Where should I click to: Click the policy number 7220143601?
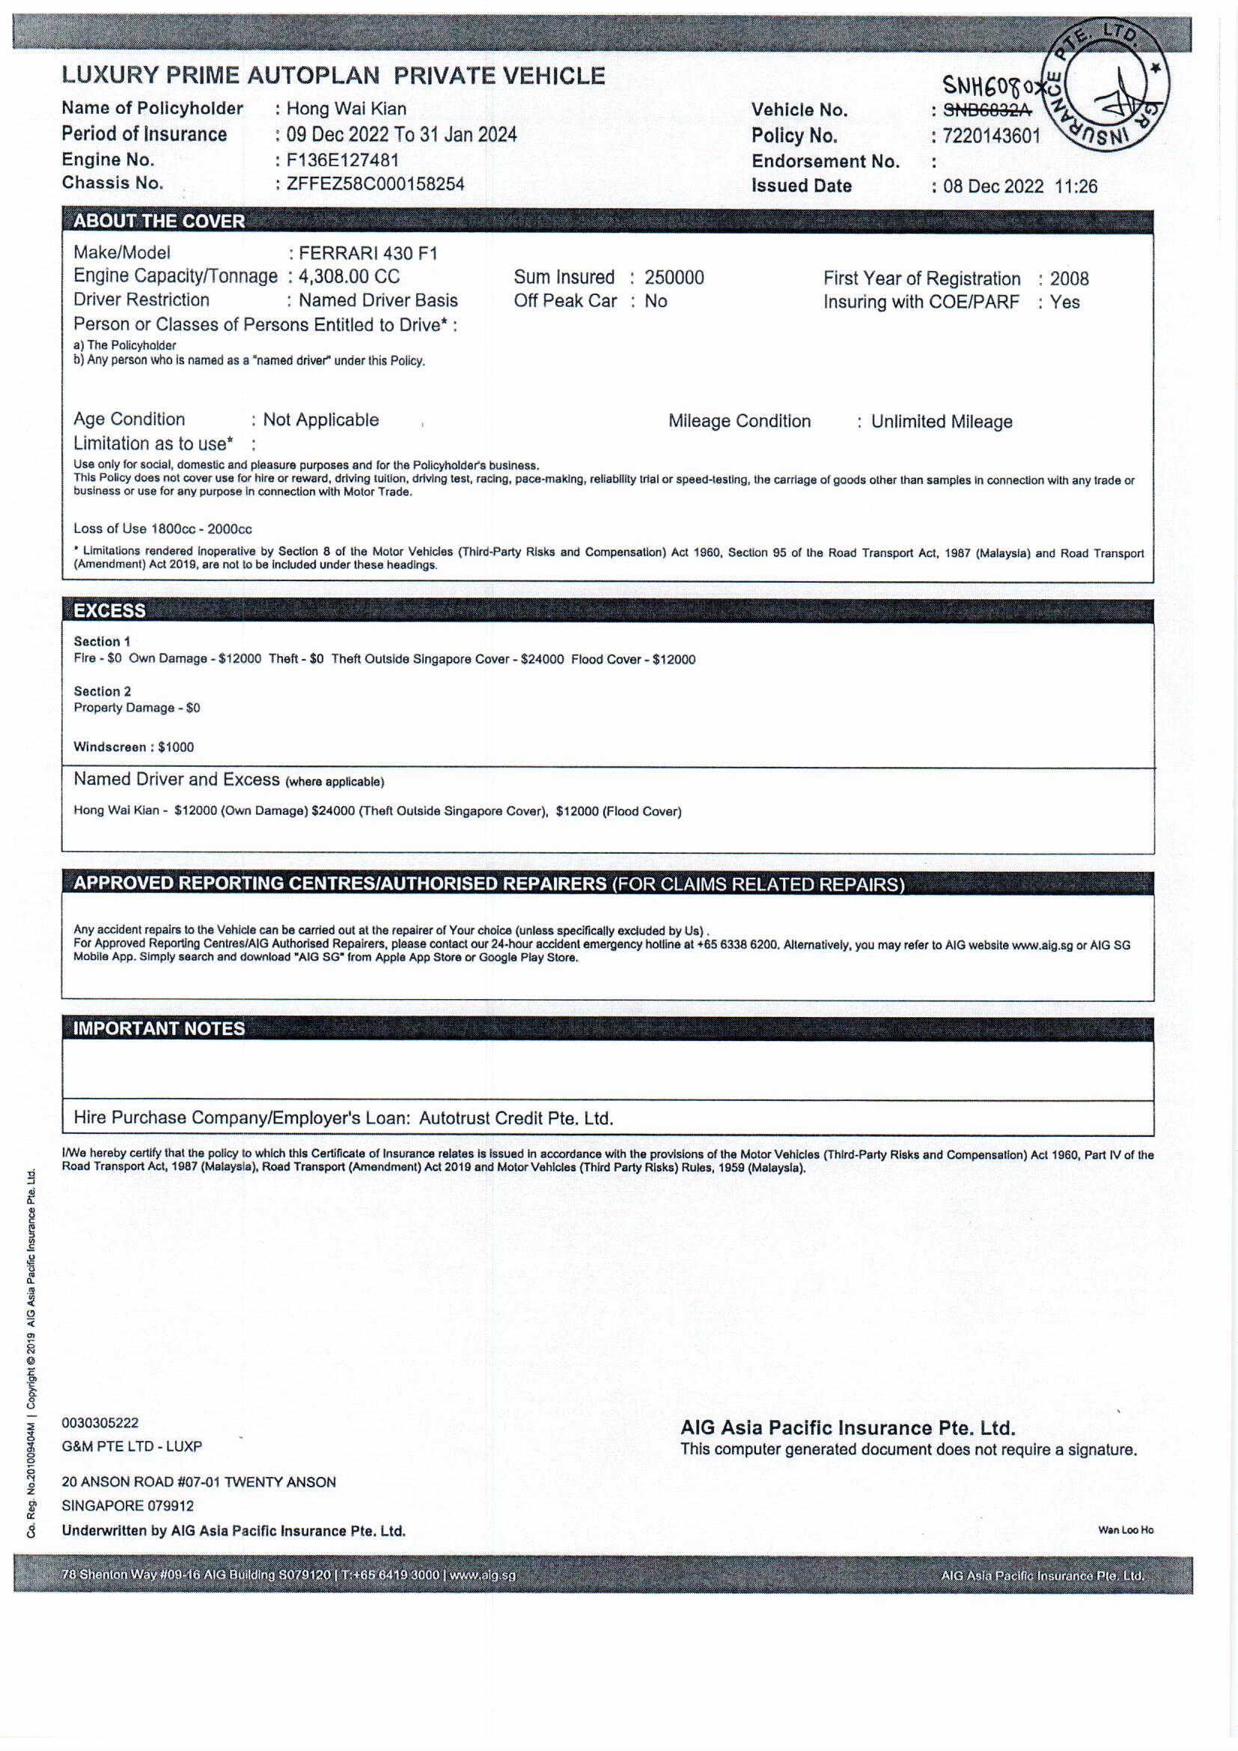coord(991,136)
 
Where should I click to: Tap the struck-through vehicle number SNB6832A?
coord(987,111)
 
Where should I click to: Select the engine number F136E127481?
coord(342,160)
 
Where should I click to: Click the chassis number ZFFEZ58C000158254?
coord(375,183)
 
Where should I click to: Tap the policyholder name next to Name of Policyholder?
coord(346,109)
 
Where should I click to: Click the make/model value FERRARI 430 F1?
coord(368,253)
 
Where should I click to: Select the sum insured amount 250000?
coord(674,278)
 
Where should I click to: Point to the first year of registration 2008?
coord(1069,279)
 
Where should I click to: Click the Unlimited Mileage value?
coord(942,422)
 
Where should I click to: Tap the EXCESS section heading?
coord(110,611)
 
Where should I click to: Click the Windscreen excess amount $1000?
coord(176,747)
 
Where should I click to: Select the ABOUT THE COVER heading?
coord(159,221)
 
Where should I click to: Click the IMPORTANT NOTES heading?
coord(159,1029)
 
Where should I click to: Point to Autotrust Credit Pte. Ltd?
coord(516,1119)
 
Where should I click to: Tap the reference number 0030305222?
coord(100,1423)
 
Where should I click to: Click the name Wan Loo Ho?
coord(1125,1530)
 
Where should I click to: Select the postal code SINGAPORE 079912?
coord(128,1506)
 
